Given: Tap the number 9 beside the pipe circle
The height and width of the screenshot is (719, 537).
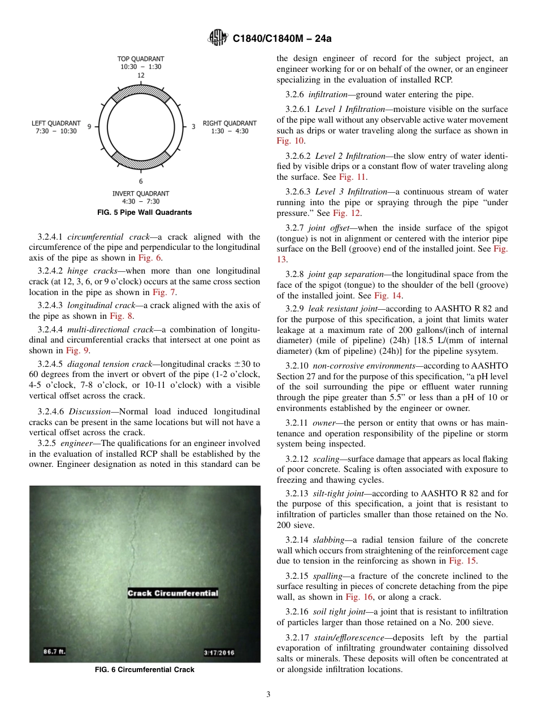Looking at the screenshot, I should pos(89,127).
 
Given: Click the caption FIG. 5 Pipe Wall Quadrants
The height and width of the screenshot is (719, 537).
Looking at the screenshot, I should pos(144,213).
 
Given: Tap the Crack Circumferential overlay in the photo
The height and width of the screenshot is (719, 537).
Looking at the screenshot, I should pos(172,593).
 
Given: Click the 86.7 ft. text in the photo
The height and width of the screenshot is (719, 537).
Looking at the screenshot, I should pos(55,651).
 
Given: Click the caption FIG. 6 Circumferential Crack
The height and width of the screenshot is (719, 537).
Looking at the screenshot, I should pos(144,670).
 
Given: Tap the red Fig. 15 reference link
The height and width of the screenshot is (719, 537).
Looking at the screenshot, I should pos(462,561).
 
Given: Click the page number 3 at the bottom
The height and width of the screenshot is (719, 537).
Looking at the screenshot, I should pos(268,694).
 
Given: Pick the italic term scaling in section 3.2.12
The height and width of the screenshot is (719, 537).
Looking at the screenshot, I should pos(326,458).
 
